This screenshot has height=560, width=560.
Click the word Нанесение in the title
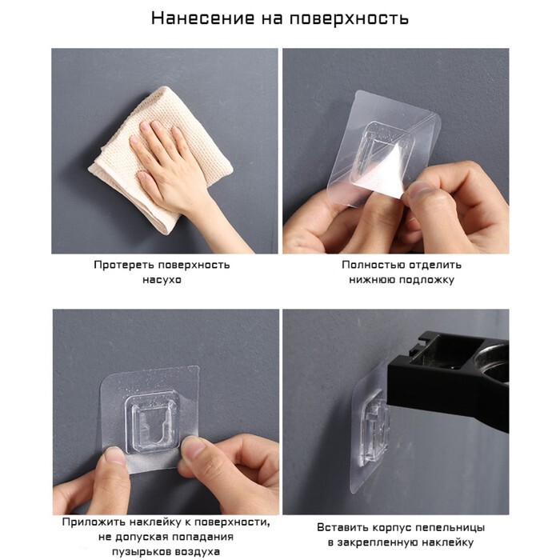202,18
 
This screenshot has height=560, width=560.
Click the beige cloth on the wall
161,157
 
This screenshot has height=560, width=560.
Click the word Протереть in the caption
123,265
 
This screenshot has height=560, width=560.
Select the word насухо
162,280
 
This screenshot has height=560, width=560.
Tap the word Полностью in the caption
373,265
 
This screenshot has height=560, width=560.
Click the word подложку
426,280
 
